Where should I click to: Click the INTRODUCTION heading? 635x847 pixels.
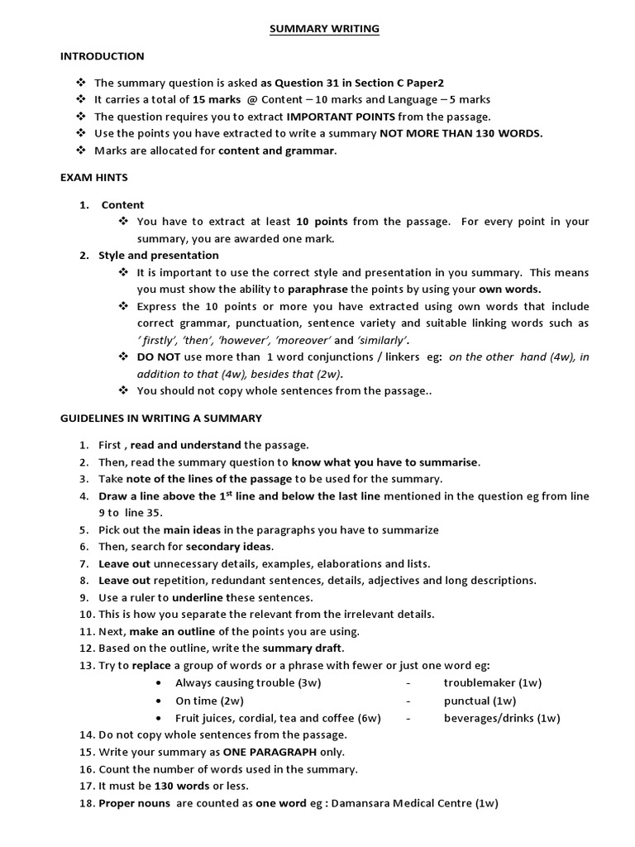pos(102,56)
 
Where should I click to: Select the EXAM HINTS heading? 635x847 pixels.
pos(93,177)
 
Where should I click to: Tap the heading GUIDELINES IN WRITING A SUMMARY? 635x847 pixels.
pos(160,418)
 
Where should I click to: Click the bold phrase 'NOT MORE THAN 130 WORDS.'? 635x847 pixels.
pos(461,133)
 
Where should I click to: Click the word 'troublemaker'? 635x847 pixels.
pos(480,682)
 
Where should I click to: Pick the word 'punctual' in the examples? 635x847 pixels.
pos(468,700)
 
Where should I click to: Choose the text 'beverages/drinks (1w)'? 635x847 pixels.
pos(501,718)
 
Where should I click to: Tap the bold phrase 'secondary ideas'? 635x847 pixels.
pos(229,547)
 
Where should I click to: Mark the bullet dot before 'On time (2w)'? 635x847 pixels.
pos(158,701)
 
